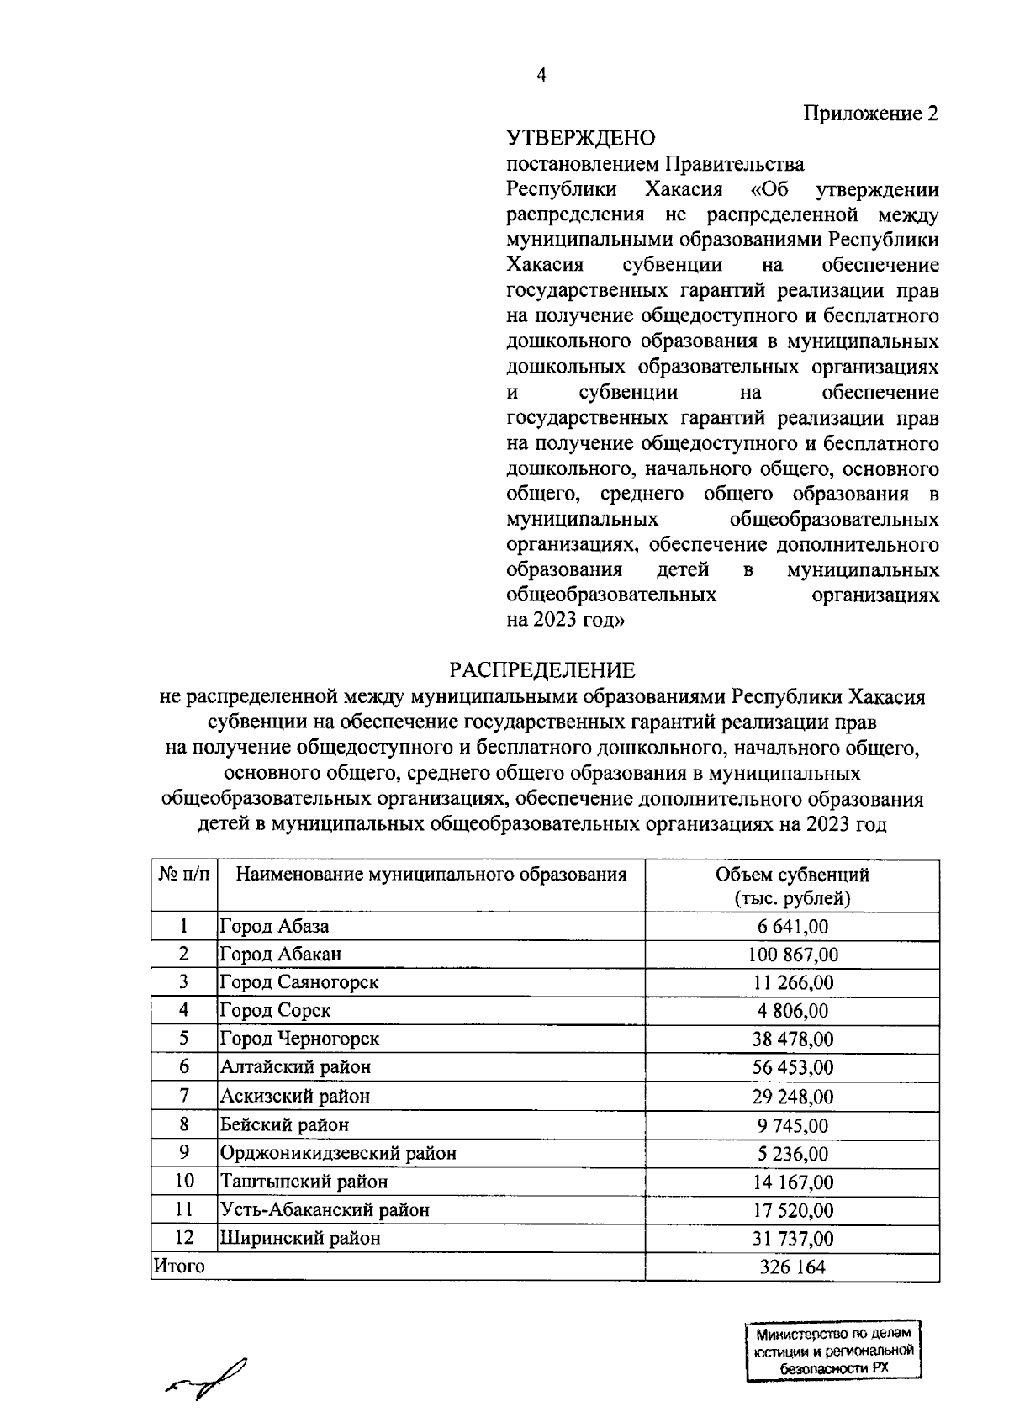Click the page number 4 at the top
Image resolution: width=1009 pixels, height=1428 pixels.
pyautogui.click(x=541, y=76)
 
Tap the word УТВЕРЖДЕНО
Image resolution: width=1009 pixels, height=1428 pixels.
pyautogui.click(x=580, y=137)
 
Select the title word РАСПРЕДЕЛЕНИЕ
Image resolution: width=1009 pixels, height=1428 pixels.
pyautogui.click(x=541, y=670)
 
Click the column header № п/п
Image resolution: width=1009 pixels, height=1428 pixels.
pyautogui.click(x=183, y=875)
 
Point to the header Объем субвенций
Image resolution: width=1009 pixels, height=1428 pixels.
pyautogui.click(x=792, y=875)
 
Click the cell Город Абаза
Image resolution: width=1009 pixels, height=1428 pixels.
pyautogui.click(x=274, y=927)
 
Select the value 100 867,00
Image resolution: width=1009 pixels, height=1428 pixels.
pyautogui.click(x=792, y=955)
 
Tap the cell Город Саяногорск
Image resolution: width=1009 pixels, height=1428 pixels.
pyautogui.click(x=299, y=982)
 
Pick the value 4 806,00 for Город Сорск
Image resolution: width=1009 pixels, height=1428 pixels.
pyautogui.click(x=792, y=1011)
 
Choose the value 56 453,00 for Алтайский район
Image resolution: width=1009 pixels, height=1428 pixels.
pyautogui.click(x=792, y=1067)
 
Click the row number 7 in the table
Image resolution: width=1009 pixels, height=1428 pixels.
pyautogui.click(x=183, y=1096)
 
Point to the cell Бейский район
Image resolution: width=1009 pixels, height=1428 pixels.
pyautogui.click(x=284, y=1124)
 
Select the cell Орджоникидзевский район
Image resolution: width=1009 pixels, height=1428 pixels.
pyautogui.click(x=338, y=1153)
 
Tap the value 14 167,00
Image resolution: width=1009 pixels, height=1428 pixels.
pyautogui.click(x=792, y=1182)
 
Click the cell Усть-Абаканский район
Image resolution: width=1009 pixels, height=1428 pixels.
pyautogui.click(x=325, y=1210)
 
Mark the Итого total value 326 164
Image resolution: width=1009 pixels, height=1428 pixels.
pyautogui.click(x=792, y=1267)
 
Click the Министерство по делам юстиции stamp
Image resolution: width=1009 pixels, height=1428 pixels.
pyautogui.click(x=833, y=1350)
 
